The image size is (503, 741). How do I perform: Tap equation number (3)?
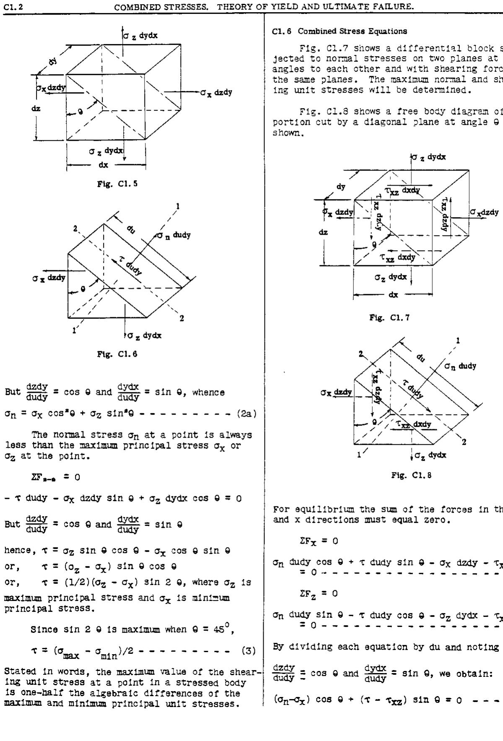tap(249, 651)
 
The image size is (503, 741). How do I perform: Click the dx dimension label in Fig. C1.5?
tap(103, 165)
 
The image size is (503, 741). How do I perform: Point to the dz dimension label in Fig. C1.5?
tap(36, 109)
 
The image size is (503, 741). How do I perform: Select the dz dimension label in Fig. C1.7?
tap(323, 232)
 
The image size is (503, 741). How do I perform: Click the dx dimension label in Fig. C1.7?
tap(393, 295)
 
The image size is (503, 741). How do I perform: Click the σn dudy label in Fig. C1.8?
tap(460, 366)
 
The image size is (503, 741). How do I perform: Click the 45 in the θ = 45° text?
tap(218, 629)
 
